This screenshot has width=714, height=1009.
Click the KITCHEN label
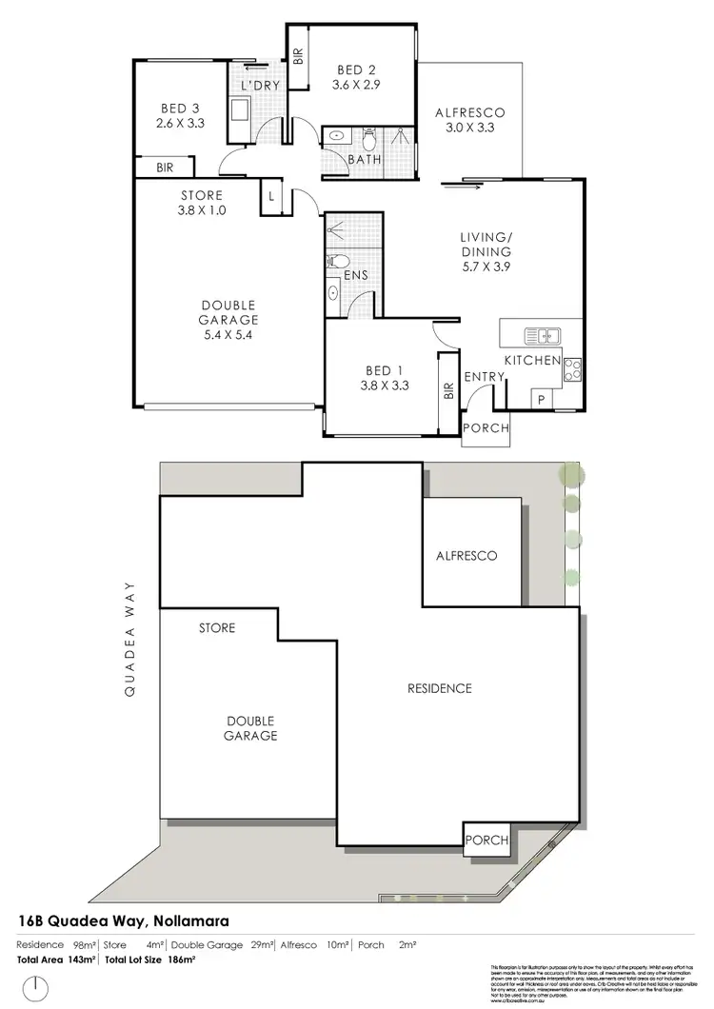[532, 361]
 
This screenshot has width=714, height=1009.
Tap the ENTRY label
[484, 377]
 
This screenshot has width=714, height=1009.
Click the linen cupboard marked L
[272, 196]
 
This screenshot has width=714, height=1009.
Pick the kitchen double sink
[541, 335]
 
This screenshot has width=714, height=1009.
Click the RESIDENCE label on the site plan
[440, 687]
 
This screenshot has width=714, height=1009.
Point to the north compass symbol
[36, 986]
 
